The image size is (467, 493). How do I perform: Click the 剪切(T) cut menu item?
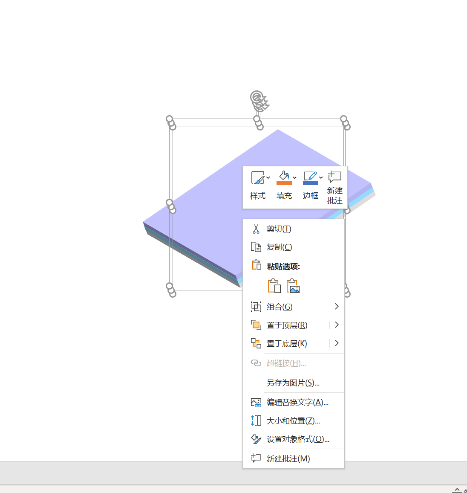(279, 229)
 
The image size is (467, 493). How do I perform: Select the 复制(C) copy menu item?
(280, 247)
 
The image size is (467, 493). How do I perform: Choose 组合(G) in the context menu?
(280, 307)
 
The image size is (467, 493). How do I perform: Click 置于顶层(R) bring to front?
(287, 325)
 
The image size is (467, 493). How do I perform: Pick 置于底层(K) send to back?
(287, 344)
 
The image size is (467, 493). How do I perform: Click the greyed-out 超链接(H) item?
(286, 363)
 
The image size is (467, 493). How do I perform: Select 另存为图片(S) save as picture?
(293, 383)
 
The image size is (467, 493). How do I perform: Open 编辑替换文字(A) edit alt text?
(297, 403)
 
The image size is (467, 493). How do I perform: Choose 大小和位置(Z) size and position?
(293, 421)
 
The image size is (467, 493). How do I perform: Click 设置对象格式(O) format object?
(298, 439)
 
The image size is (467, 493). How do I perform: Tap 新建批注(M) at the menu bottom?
(288, 459)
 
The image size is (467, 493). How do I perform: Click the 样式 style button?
(258, 186)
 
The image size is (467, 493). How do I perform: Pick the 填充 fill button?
(284, 186)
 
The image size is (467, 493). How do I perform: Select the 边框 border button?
(311, 186)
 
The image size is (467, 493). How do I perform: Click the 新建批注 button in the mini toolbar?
(335, 188)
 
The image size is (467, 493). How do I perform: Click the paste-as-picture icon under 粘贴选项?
(293, 286)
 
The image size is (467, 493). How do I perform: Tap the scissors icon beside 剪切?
(256, 229)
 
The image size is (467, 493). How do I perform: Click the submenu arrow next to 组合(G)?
(337, 307)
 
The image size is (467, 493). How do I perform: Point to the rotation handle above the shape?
(257, 99)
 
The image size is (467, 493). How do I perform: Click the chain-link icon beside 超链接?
(256, 363)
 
